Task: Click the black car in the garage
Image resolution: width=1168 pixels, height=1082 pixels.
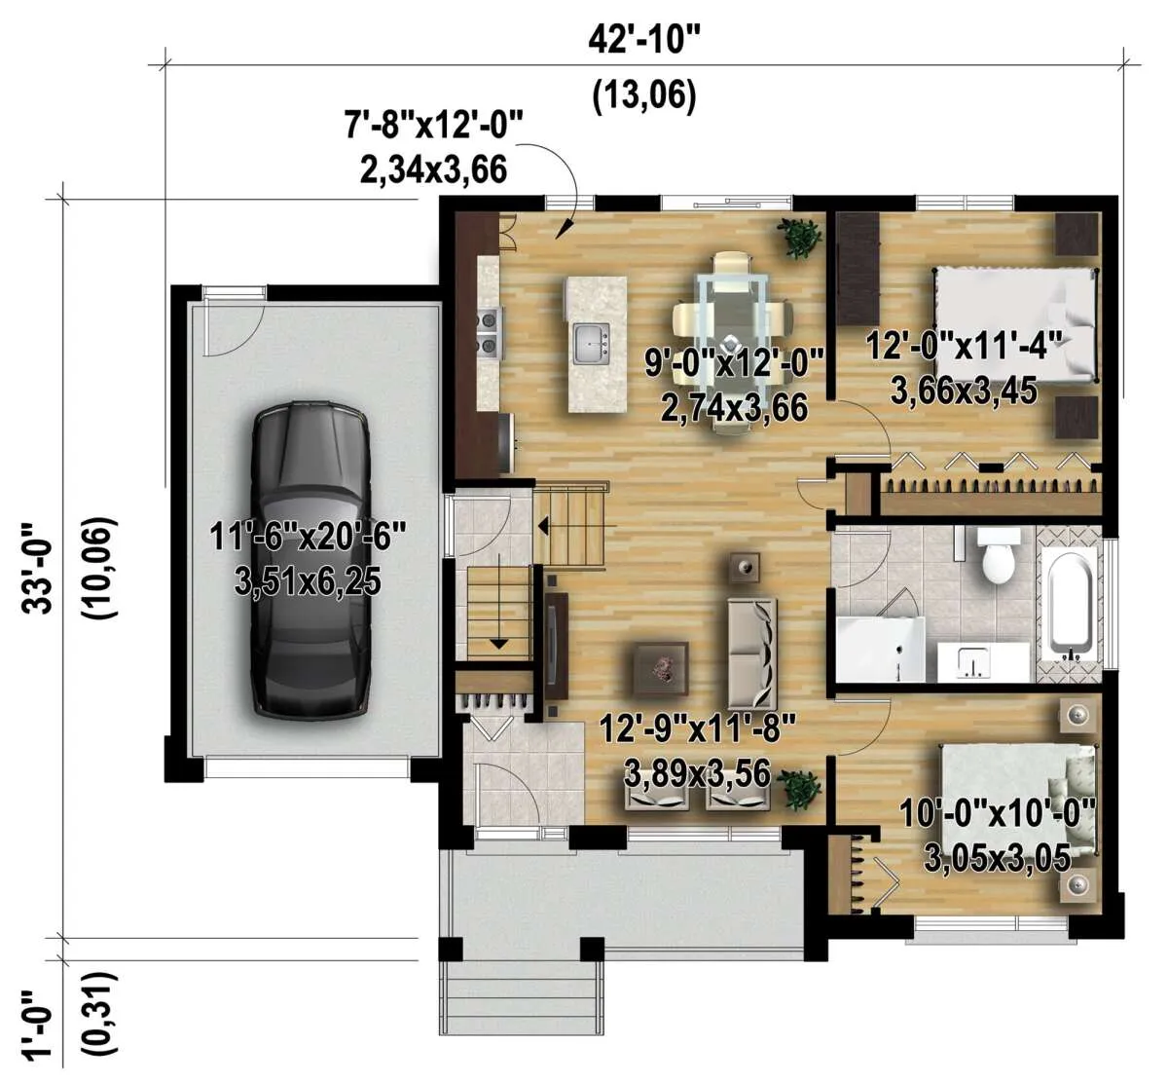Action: coord(310,559)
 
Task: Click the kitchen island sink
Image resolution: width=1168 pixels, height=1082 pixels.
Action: coord(592,343)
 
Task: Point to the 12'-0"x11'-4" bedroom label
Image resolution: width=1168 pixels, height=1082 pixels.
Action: coord(966,346)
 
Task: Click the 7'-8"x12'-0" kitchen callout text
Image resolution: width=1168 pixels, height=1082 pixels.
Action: coord(434,126)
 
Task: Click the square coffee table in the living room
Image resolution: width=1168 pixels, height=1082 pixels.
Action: coord(661,668)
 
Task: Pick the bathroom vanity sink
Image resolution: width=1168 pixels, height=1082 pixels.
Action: coord(971,662)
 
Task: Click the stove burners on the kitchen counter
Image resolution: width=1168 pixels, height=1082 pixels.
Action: coord(490,333)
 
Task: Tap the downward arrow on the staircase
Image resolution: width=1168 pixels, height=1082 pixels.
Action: coord(498,600)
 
